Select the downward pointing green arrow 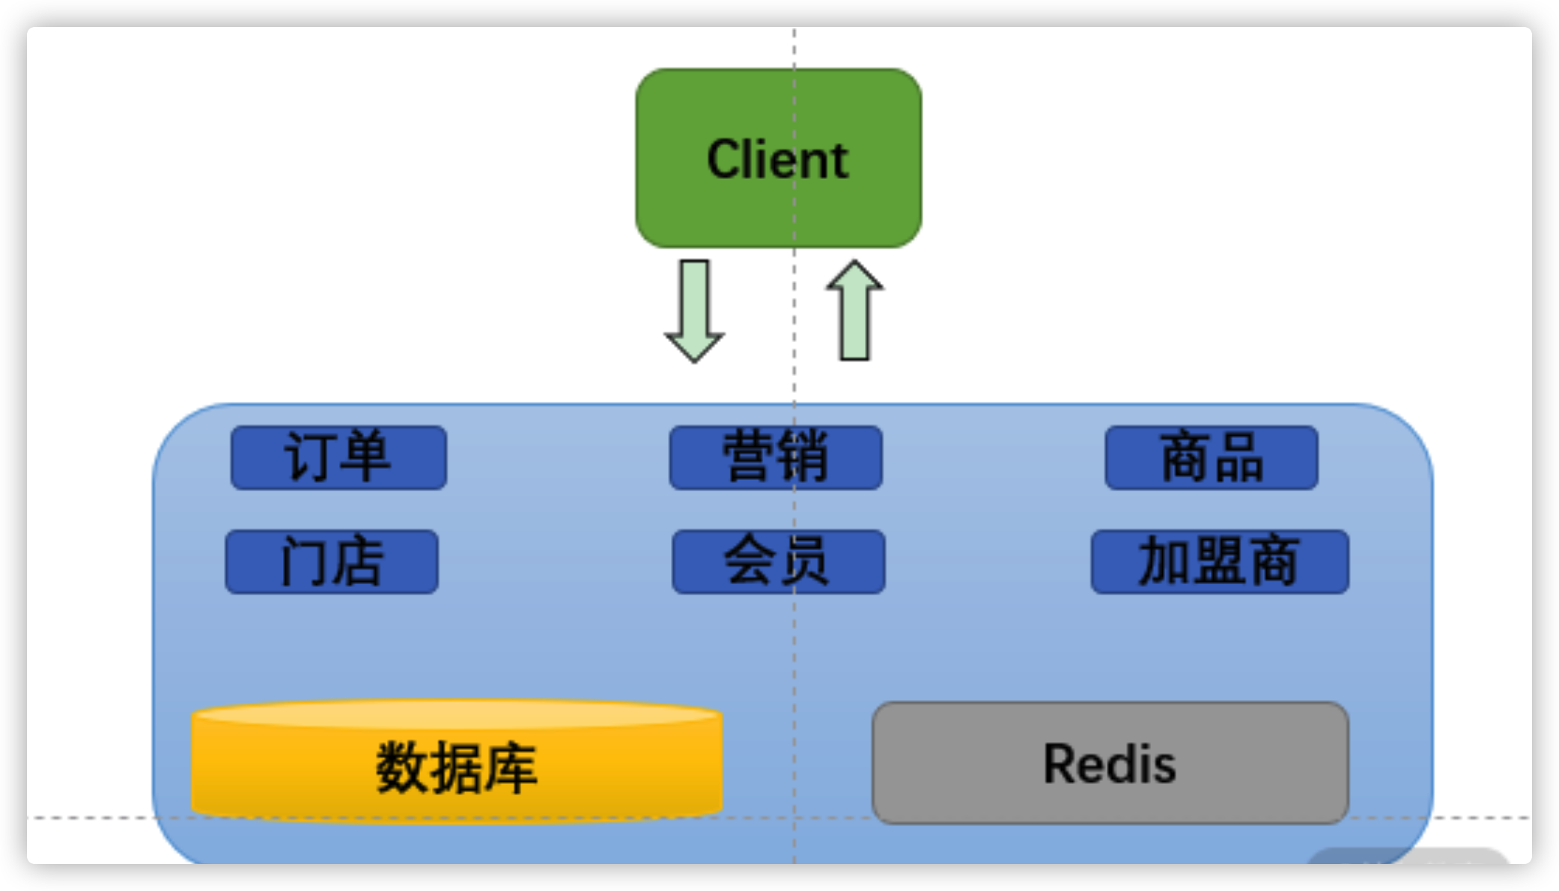click(x=694, y=308)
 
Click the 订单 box click(x=338, y=457)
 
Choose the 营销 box click(x=775, y=457)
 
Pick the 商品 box click(x=1211, y=457)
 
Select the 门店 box click(x=332, y=562)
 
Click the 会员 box click(x=778, y=562)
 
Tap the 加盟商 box click(x=1219, y=562)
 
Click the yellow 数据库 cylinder click(x=457, y=771)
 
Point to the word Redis click(x=1110, y=764)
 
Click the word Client click(x=777, y=159)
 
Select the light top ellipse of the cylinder click(x=457, y=714)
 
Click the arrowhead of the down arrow click(x=694, y=346)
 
